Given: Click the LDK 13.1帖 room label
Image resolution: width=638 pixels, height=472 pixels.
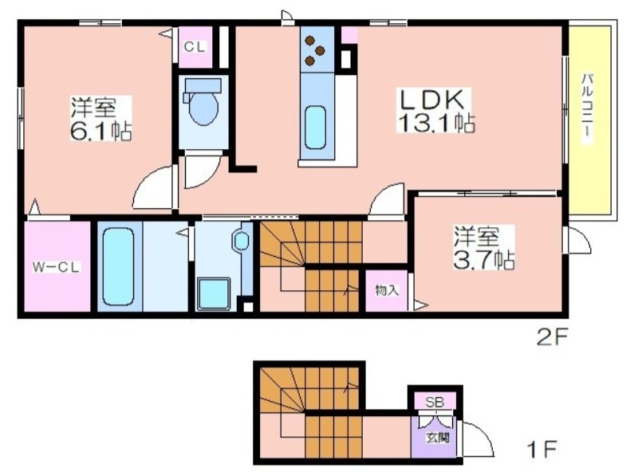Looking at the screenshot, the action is coord(435,110).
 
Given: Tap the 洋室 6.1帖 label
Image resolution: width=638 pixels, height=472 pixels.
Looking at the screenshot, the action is coord(100,119).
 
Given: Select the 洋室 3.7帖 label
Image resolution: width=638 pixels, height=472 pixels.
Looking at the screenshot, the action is coord(484,248).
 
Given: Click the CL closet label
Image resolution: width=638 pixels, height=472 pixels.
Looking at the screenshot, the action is coord(195,47).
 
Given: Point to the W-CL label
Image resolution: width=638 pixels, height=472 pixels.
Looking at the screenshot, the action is coord(57,267).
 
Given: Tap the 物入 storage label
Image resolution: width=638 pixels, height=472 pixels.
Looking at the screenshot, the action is coord(387,290).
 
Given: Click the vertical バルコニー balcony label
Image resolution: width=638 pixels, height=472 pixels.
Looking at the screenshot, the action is coord(586,108).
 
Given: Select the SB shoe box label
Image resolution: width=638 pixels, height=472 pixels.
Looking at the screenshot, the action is coord(435,402).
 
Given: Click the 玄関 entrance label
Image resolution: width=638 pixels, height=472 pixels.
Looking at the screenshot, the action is coord(437,438).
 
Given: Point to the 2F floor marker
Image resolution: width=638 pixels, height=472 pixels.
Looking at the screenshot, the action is coord(552,337).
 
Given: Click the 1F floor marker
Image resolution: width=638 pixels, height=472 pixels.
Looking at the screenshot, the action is coord(542,449).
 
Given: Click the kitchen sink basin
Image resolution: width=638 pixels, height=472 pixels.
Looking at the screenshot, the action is coord(315,128).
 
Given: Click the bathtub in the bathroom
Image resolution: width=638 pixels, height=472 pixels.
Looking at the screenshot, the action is coord(118,266).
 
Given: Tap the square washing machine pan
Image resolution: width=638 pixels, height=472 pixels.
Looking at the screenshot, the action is coord(214,293).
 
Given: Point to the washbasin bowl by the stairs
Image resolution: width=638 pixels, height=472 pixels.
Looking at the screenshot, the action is coord(242,242).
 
